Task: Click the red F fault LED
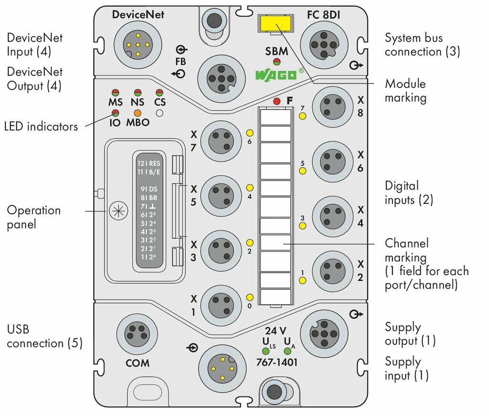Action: [276, 101]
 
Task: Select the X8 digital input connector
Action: [333, 107]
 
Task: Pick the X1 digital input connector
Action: [221, 305]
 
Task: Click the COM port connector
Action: [137, 334]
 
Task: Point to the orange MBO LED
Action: [138, 113]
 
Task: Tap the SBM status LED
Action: [276, 62]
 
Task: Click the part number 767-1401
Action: [276, 362]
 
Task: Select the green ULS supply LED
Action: [266, 351]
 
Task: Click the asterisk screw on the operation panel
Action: [118, 211]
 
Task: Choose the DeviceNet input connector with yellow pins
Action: [138, 44]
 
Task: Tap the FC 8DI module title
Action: [323, 15]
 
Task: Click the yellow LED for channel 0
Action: [250, 298]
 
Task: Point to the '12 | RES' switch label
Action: [149, 163]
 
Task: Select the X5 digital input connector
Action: [221, 195]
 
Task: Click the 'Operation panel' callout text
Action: [34, 217]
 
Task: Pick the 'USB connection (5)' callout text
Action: [44, 336]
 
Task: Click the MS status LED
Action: [116, 93]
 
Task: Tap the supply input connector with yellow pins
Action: [223, 368]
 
